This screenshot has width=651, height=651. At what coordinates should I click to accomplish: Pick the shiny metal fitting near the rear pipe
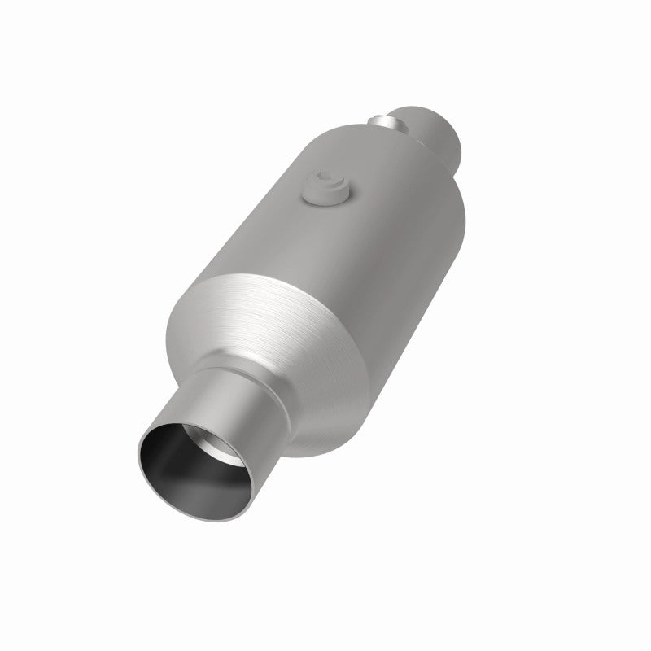pos(389,122)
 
